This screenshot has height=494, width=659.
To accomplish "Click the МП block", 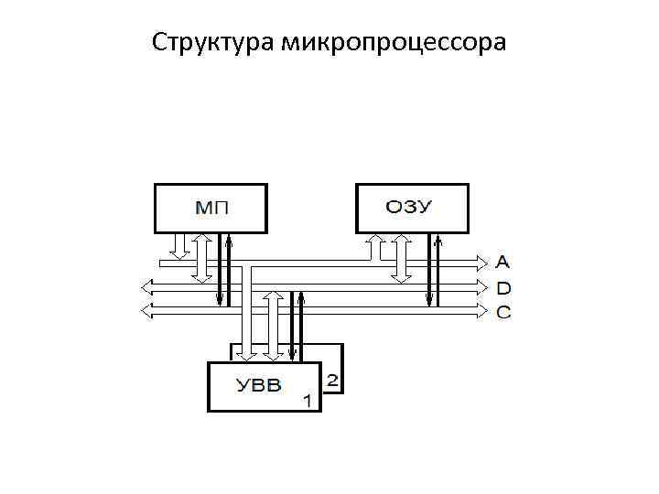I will point(211,208).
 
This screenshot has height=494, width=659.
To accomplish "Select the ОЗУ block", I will point(412,208).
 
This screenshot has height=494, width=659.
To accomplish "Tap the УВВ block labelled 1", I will point(265,386).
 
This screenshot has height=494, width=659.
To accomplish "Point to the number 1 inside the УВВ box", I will point(308,401).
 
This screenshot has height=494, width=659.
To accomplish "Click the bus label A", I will point(504,262).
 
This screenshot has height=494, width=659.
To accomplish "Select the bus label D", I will point(504,287).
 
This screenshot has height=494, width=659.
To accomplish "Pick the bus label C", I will point(504,313).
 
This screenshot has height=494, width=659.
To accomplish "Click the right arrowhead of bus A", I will point(482,263).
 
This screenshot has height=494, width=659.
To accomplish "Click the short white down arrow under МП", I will point(180,245).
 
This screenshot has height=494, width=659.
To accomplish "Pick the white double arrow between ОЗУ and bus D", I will point(400,257).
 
